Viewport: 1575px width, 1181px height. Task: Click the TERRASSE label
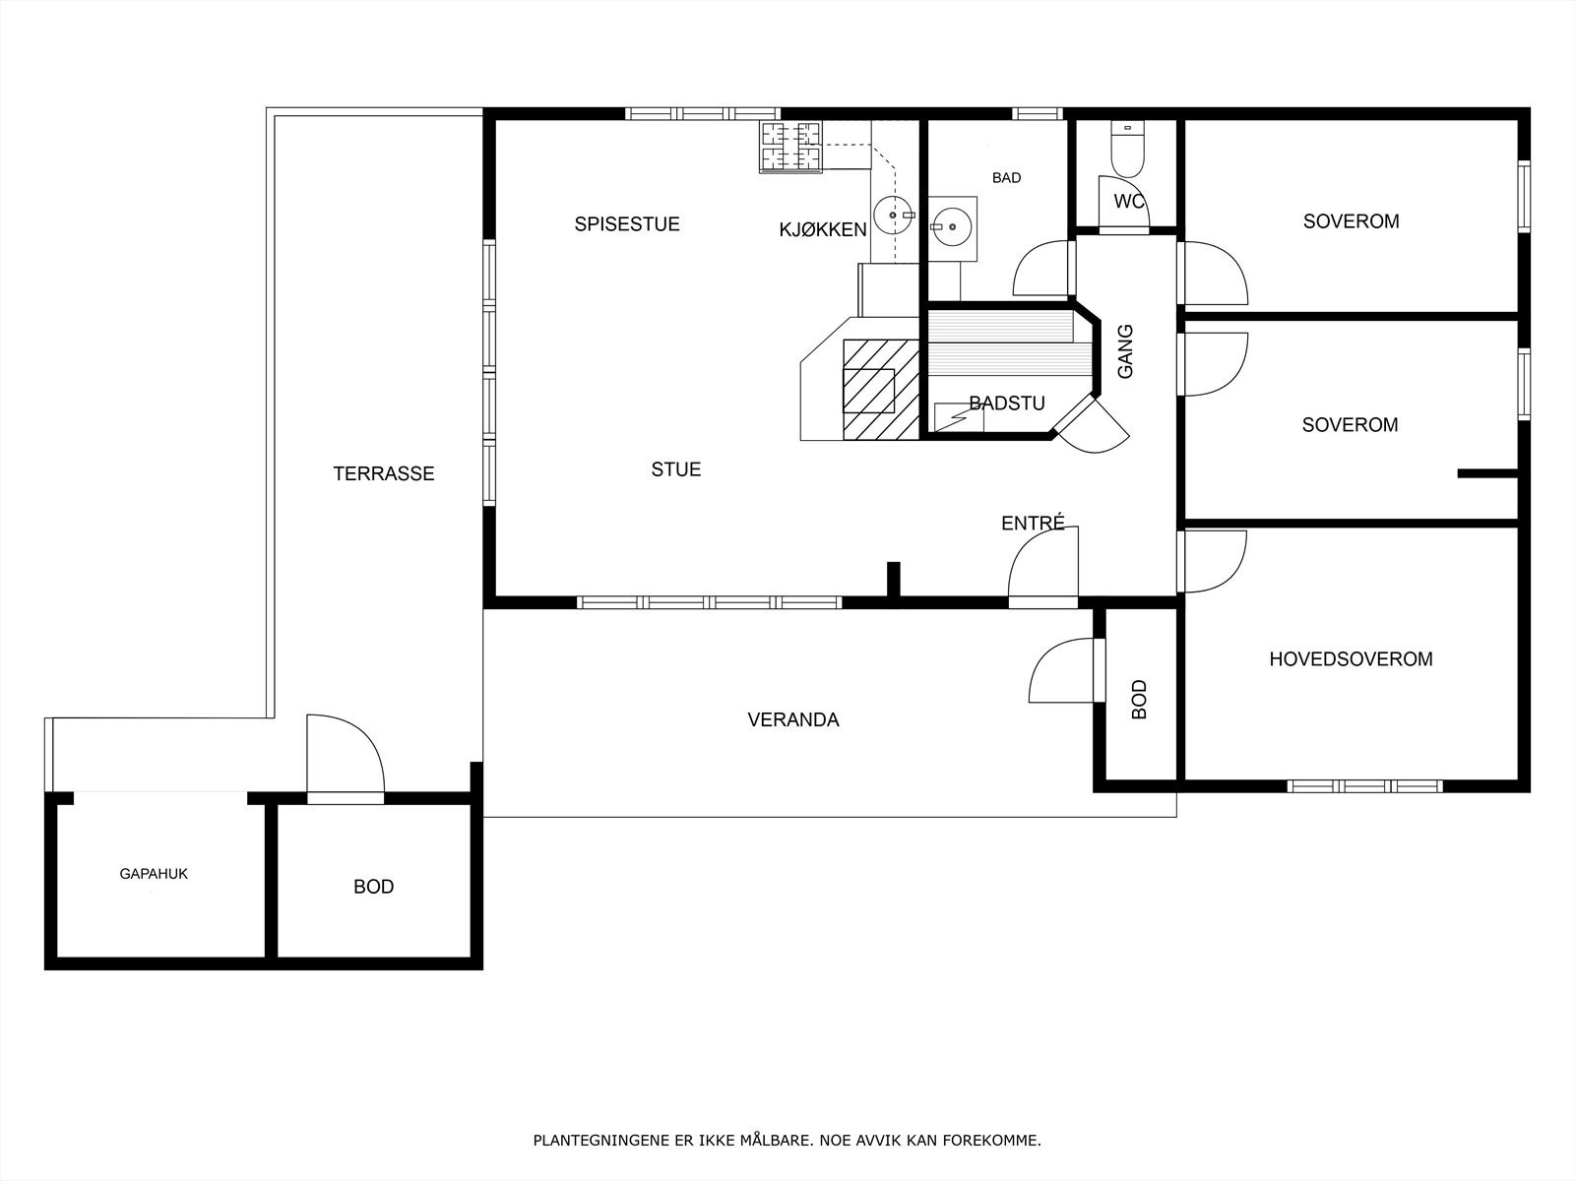(x=383, y=473)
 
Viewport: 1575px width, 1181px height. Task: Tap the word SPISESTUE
(x=626, y=224)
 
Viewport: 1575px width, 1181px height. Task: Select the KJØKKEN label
(x=823, y=229)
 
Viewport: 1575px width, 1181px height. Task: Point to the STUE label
(x=676, y=469)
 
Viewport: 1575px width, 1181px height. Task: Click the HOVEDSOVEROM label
(x=1351, y=659)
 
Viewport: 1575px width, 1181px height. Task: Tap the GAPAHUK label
(x=154, y=873)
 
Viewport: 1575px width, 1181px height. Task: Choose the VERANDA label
(x=792, y=720)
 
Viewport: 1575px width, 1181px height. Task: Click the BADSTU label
(x=1007, y=403)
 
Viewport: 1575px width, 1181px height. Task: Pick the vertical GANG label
(x=1125, y=351)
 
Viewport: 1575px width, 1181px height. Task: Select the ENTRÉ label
(x=1033, y=523)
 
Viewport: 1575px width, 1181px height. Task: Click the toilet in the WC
(x=1127, y=150)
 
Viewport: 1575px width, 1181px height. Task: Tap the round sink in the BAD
(x=952, y=227)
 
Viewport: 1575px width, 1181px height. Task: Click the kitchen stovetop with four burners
(x=790, y=147)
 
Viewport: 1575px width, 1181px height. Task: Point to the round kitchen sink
(x=893, y=215)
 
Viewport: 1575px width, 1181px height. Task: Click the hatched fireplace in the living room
(x=881, y=389)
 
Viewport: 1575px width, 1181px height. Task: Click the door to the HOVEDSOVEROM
(x=1214, y=561)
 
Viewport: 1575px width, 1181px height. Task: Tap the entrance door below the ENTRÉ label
(x=1042, y=567)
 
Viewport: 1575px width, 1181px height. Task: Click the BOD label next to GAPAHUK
(x=373, y=887)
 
